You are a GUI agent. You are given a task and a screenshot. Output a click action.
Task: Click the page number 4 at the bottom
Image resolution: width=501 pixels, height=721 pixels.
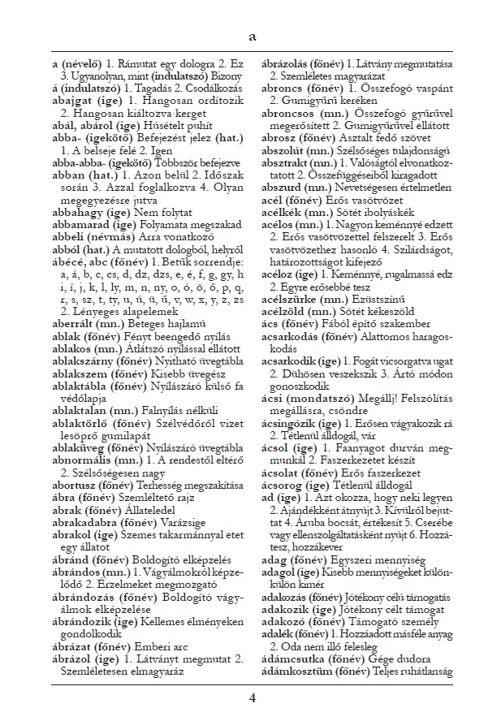click(252, 697)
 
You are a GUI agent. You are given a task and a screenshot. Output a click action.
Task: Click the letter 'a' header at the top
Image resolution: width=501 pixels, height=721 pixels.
click(252, 37)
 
